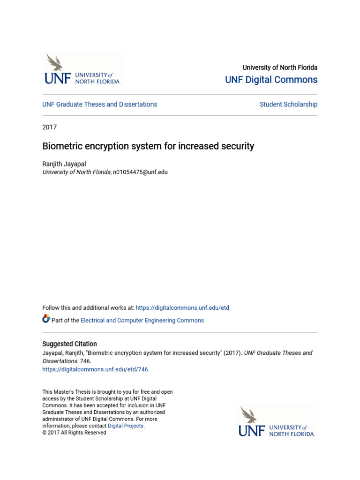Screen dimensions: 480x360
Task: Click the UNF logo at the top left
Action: tap(82, 69)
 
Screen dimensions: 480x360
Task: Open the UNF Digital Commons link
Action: tap(271, 80)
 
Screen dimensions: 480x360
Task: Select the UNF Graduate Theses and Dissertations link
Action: tap(99, 105)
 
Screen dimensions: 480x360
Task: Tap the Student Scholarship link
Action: tap(288, 105)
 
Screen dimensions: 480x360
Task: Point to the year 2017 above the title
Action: tap(49, 127)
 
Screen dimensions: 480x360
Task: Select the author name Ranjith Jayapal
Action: tap(64, 164)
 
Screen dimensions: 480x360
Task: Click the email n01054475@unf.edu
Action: tap(140, 172)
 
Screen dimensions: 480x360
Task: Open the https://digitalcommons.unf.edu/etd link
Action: tap(182, 308)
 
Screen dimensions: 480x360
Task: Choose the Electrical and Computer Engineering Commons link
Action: tap(142, 321)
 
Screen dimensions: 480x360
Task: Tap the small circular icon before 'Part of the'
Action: tap(46, 319)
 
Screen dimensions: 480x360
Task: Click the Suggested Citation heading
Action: tap(69, 344)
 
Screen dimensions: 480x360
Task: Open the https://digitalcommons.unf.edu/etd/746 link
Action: tap(95, 369)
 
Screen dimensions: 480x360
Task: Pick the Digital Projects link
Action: tap(126, 426)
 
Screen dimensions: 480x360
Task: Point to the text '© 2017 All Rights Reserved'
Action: tap(74, 433)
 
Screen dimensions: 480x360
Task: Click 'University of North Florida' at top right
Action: tap(279, 67)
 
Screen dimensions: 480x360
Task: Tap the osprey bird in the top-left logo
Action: tap(55, 62)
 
